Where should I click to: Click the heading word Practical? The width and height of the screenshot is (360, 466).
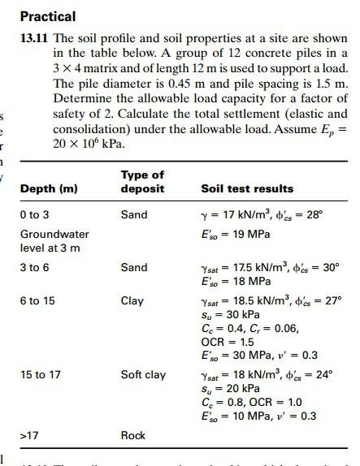[47, 16]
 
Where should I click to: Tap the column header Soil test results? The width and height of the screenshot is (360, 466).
[247, 189]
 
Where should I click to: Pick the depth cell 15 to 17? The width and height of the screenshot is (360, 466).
[41, 374]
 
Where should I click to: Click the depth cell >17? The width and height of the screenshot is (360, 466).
[30, 436]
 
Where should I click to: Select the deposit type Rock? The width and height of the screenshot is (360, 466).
[133, 436]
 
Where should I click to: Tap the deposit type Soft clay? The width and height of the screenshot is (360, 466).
[143, 374]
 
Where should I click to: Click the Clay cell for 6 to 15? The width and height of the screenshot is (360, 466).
[132, 301]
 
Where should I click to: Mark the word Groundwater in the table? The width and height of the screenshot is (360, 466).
[54, 234]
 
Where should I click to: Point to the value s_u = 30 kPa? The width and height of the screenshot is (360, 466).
[230, 315]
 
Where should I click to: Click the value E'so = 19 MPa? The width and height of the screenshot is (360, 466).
[235, 235]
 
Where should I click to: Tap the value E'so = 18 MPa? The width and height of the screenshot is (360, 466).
[235, 281]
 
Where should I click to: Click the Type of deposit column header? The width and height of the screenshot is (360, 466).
[142, 182]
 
